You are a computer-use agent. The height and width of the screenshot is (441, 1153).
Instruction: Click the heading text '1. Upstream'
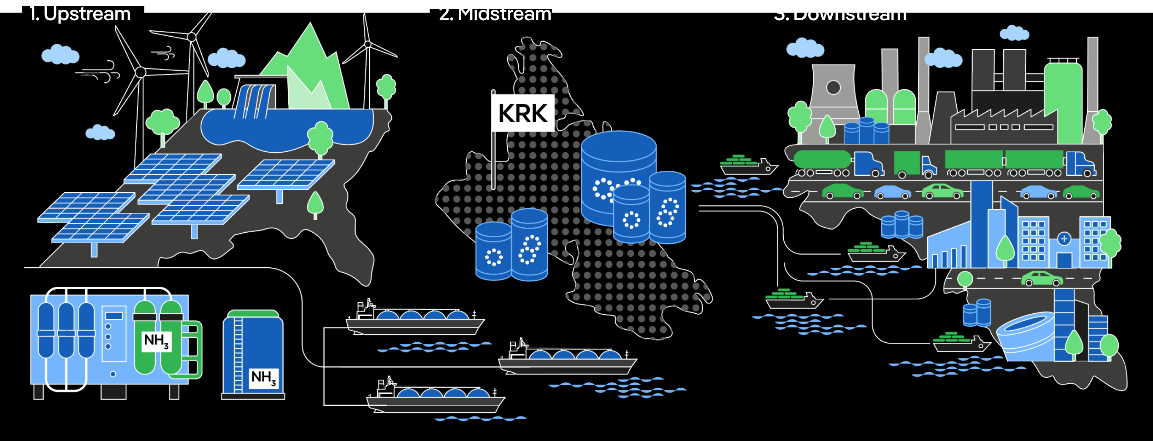pos(80,14)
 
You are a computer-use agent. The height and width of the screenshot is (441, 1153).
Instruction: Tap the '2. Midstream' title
pos(495,14)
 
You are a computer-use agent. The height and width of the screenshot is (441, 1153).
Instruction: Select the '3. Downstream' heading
pos(840,14)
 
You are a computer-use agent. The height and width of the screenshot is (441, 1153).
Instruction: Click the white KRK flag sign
pos(523,113)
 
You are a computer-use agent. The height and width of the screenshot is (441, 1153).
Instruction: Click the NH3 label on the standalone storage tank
pos(263,377)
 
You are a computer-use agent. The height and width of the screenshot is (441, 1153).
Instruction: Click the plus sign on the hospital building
pos(1064,239)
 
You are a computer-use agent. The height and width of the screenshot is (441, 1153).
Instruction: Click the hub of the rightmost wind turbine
pos(368,44)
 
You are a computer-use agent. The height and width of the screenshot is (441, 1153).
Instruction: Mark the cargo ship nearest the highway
pos(747,166)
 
